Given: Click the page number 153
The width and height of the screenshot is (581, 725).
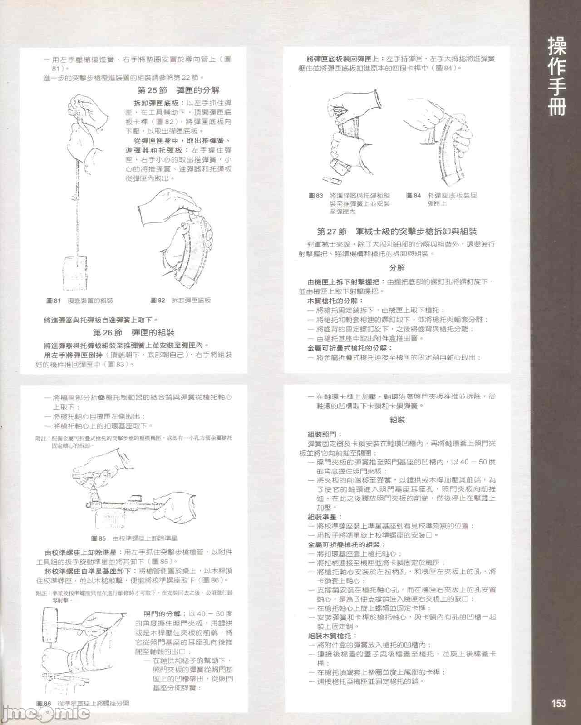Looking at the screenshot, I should (558, 703).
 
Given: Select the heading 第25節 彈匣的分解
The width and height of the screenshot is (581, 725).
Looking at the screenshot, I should (178, 90).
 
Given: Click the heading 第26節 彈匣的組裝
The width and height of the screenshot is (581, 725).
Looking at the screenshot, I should (133, 333).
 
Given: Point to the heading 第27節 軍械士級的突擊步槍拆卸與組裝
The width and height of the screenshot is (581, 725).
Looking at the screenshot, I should (396, 232).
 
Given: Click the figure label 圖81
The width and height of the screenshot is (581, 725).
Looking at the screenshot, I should (54, 301).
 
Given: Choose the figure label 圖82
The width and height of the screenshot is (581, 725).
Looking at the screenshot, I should (158, 301).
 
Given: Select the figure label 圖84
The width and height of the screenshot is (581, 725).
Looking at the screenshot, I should (414, 196).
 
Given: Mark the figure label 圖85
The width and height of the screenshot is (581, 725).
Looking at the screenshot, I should (98, 538).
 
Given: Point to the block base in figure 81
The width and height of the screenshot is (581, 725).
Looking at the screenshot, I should (74, 273).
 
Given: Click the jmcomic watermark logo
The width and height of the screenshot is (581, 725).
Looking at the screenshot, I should (45, 714).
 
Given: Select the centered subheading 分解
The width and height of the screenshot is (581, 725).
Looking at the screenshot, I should (397, 268).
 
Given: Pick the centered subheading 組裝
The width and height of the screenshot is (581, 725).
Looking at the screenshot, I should (397, 420).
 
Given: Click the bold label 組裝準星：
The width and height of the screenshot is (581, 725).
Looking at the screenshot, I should (325, 517).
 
